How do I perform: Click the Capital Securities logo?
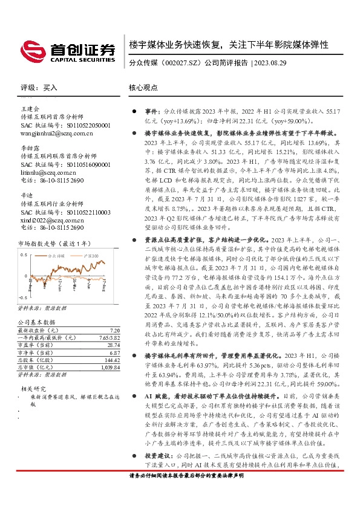point(67,51)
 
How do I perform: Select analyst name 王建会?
point(30,108)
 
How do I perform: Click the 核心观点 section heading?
point(142,88)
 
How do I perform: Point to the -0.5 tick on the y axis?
point(23,298)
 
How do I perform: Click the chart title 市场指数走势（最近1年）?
point(50,243)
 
